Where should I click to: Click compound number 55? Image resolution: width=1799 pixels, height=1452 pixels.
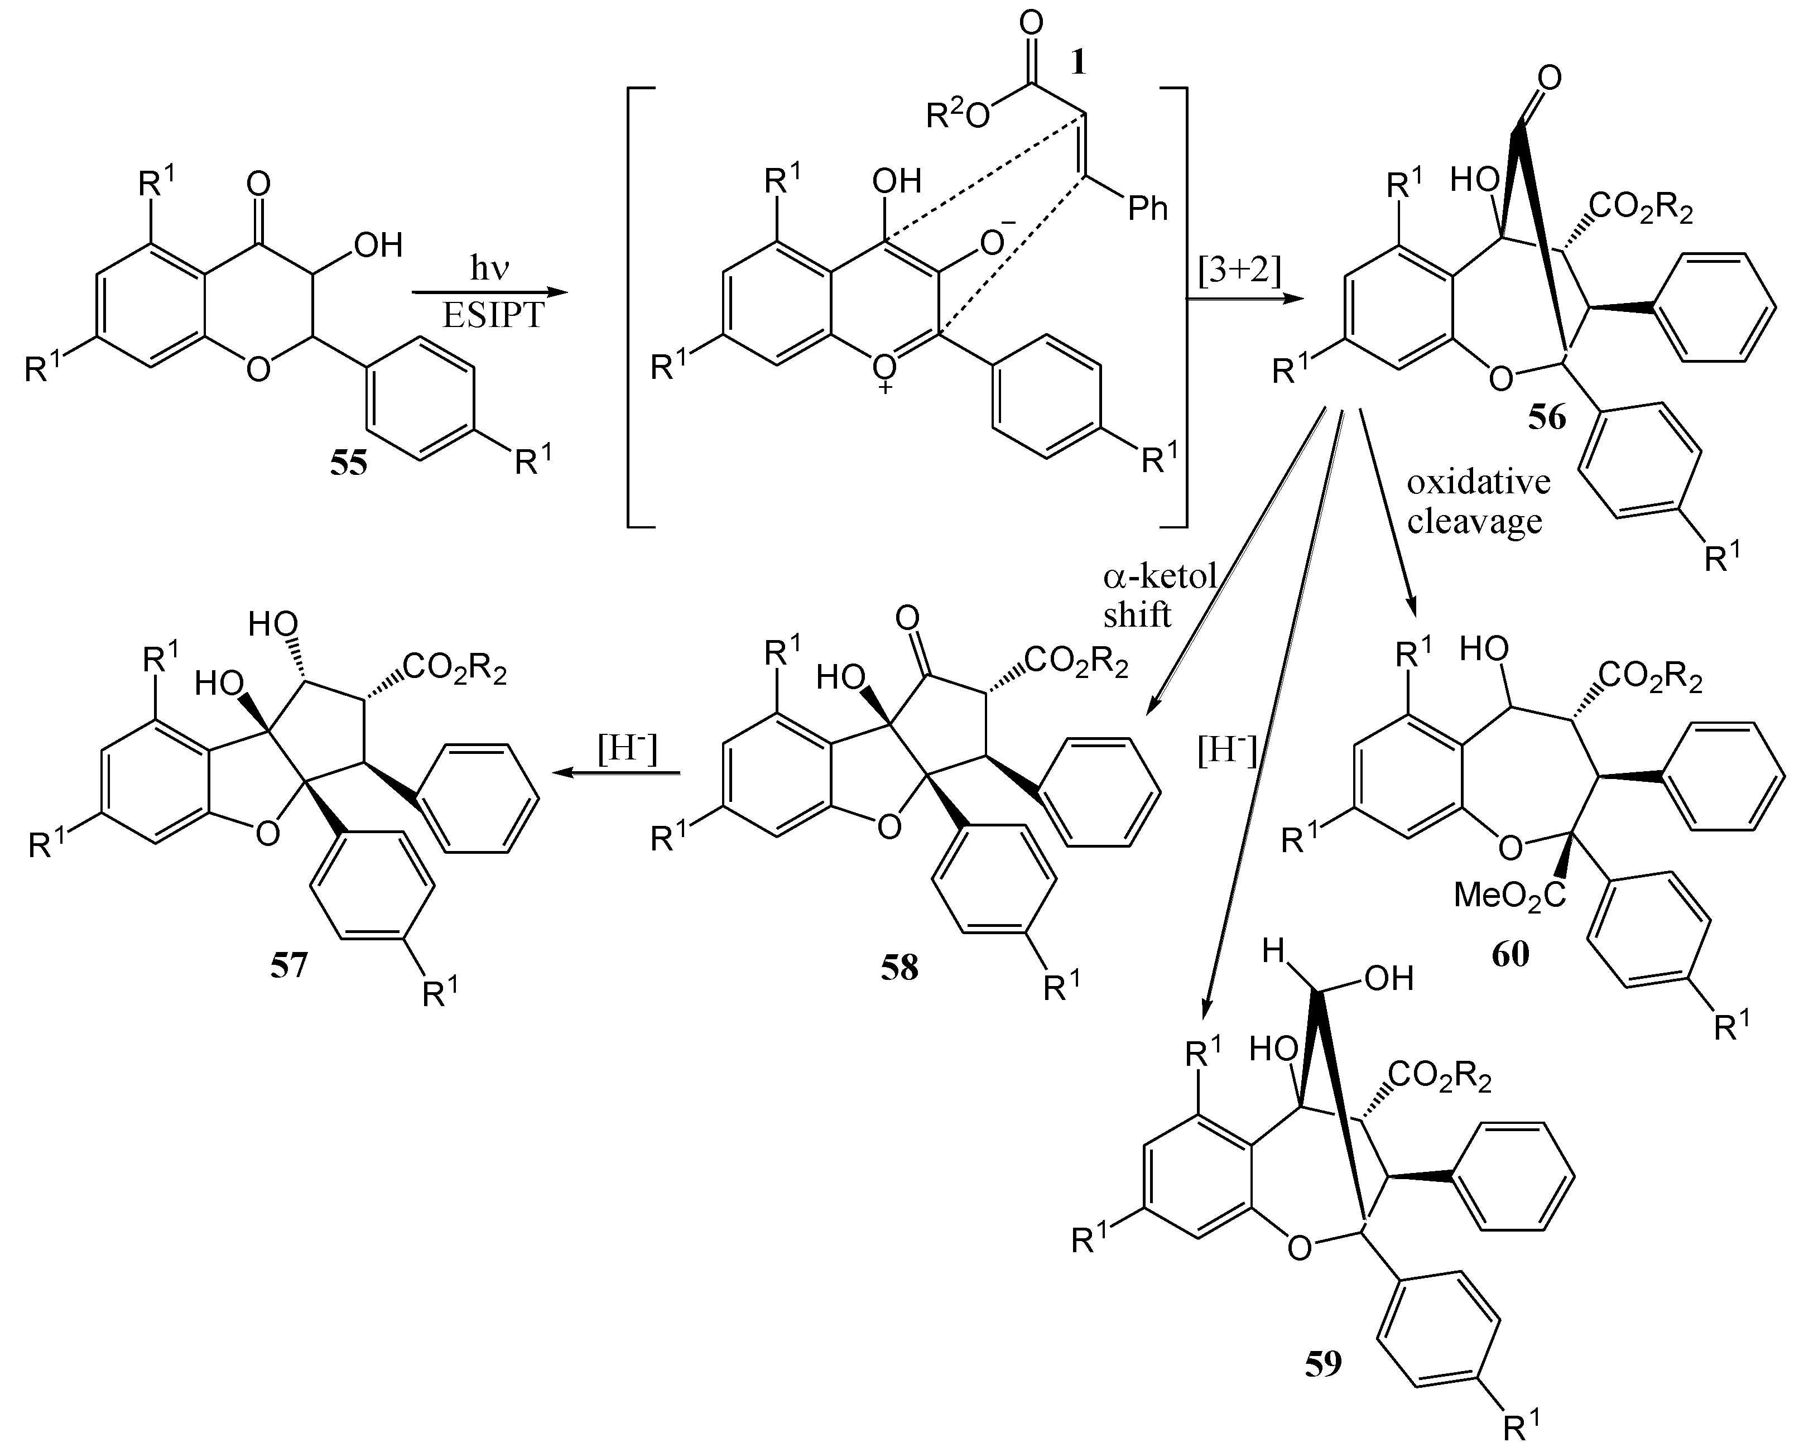pos(348,463)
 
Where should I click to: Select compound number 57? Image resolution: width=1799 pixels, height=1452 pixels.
pos(288,966)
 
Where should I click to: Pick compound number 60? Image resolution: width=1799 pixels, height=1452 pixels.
pos(1511,954)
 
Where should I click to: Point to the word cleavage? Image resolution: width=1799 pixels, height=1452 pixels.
pos(1474,521)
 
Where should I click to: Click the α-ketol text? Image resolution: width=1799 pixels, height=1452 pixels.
pos(1159,577)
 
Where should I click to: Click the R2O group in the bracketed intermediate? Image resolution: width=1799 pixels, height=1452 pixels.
pos(958,116)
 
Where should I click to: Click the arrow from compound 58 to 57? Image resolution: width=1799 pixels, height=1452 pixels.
pos(619,773)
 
